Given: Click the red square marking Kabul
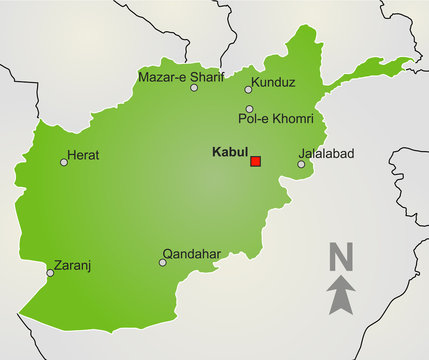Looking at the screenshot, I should (x=255, y=161).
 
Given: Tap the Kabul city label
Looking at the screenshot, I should (x=231, y=153).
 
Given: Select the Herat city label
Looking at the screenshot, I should (x=83, y=155).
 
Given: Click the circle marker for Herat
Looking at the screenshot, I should (x=64, y=162).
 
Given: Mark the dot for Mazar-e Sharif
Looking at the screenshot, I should (x=194, y=88).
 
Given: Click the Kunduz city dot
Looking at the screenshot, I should (x=249, y=89).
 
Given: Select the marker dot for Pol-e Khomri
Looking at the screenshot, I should (x=249, y=109).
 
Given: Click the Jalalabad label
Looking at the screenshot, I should (x=326, y=154).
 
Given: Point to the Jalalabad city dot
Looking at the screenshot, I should (x=301, y=164).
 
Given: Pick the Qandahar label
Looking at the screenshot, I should (x=191, y=254).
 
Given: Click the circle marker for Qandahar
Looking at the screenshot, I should (x=162, y=263).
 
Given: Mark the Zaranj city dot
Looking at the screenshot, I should (x=51, y=272).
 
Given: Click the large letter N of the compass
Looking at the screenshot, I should (x=341, y=258).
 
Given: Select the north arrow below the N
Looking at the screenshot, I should (x=342, y=296).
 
